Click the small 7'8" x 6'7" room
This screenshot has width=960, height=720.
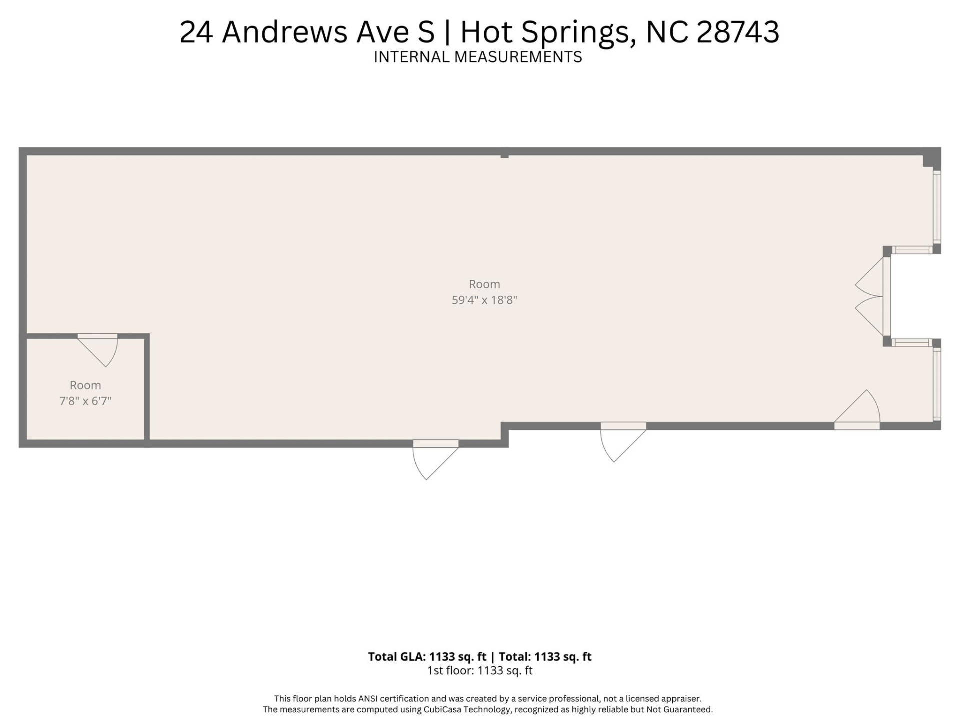[85, 392]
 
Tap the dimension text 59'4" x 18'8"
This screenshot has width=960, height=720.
[484, 300]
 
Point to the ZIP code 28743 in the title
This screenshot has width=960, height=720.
[737, 32]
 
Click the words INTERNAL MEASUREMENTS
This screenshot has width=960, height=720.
[478, 57]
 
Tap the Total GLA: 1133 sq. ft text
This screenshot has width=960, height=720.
[427, 657]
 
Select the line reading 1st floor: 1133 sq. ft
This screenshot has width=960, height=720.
[480, 671]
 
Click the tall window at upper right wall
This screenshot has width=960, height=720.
[937, 207]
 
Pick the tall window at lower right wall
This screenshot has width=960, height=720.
[937, 384]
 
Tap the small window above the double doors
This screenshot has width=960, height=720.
[912, 250]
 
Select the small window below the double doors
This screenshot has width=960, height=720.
[912, 342]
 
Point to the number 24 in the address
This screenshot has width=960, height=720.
[196, 32]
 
